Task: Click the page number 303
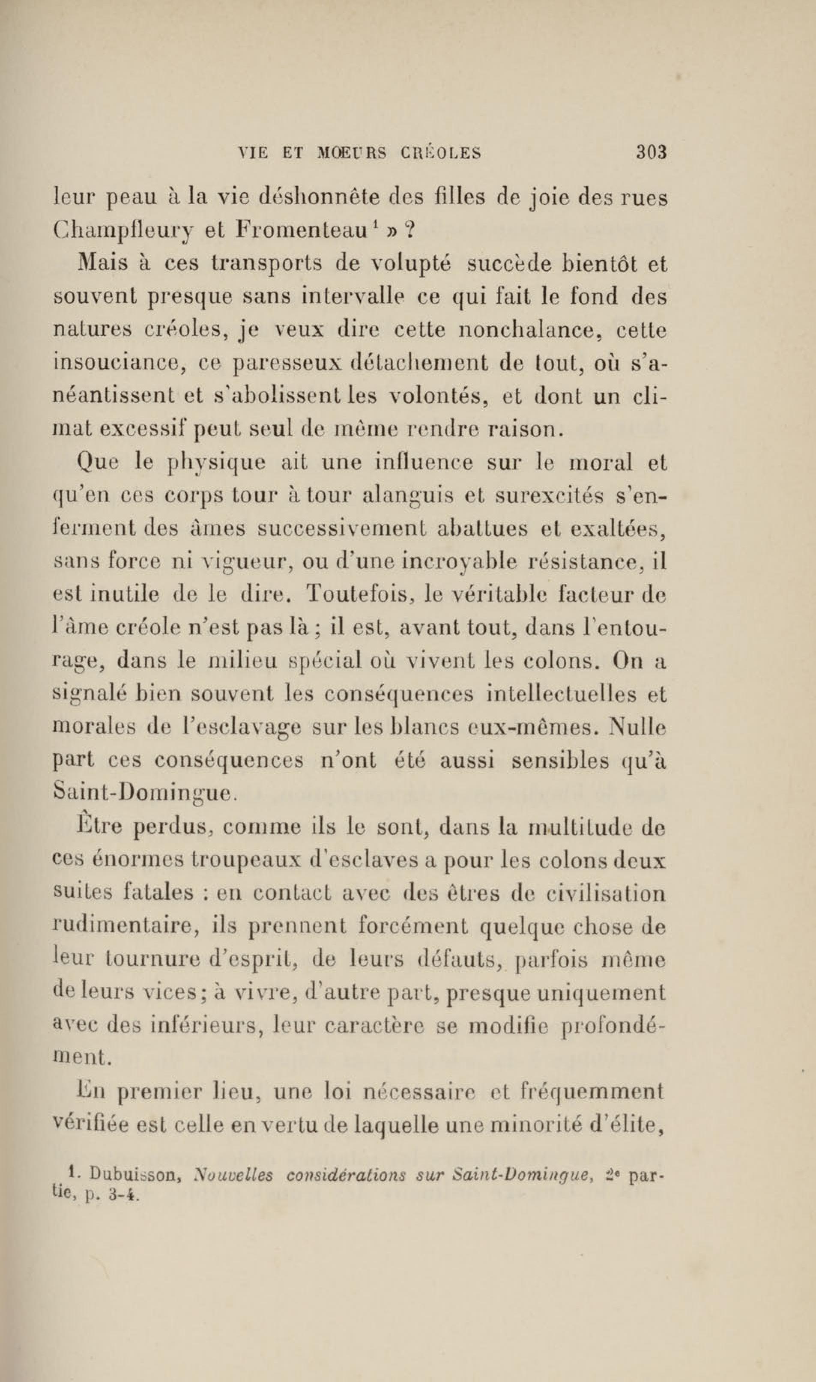coord(651,152)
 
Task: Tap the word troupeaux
coord(205,860)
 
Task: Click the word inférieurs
coord(202,1026)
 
